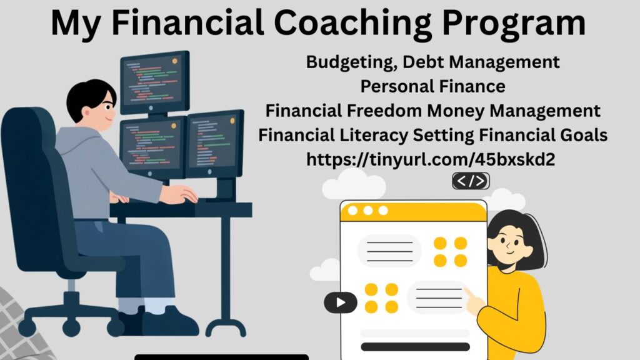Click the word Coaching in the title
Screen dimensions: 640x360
coord(352,24)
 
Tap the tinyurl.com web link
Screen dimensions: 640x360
coord(431,159)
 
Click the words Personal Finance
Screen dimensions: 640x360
coord(432,86)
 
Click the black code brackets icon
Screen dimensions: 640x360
coord(471,181)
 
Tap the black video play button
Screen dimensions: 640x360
coord(341,302)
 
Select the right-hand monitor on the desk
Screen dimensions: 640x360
coord(215,144)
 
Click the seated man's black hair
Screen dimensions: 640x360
coord(89,98)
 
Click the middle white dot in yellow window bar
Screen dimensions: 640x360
coord(368,211)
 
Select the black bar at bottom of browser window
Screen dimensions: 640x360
coord(416,347)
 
